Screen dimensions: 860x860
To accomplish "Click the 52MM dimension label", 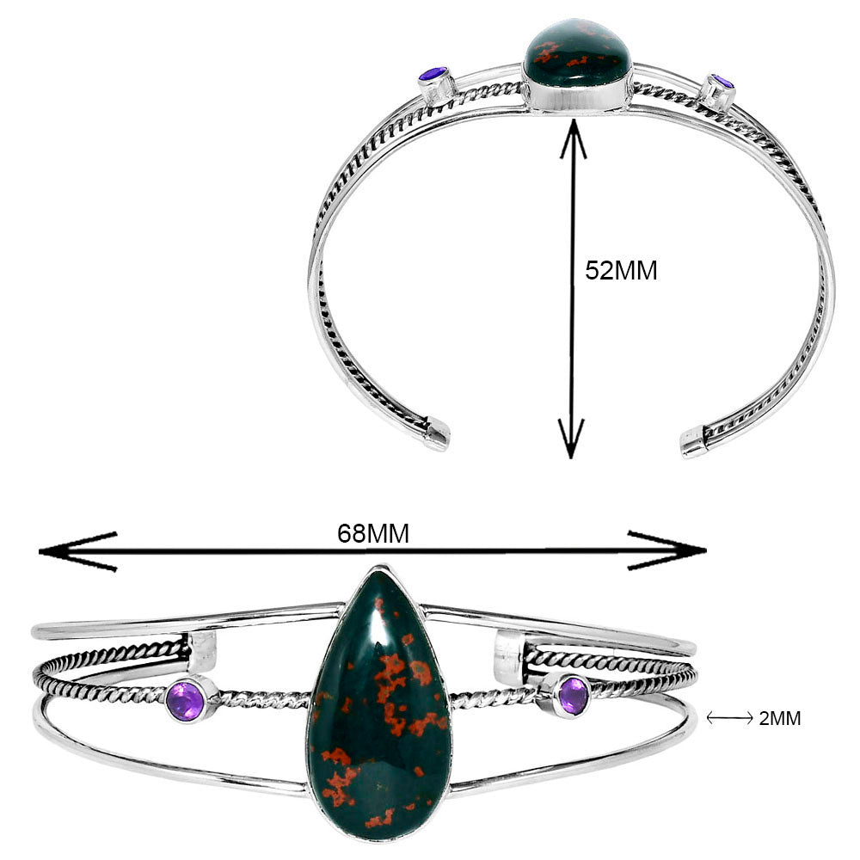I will (621, 271).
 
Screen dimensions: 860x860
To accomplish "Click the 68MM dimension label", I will (372, 534).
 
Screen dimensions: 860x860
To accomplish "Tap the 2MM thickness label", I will (780, 719).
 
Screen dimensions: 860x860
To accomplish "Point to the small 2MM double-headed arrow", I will (728, 719).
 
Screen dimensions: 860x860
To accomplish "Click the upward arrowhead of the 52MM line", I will (573, 138).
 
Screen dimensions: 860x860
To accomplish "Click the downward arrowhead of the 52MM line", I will (573, 439).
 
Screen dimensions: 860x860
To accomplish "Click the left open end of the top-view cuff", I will (437, 434).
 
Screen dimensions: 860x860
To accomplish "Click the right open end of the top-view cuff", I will (693, 442).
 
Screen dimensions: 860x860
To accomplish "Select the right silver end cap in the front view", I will (509, 656).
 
